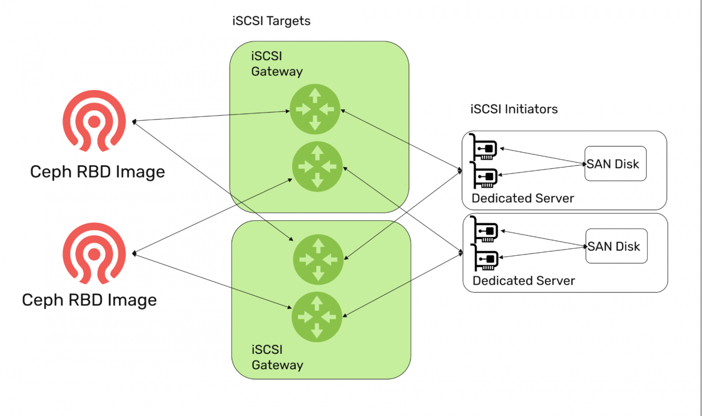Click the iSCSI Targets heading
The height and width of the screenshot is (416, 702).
pyautogui.click(x=271, y=21)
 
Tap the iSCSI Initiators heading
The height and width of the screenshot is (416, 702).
pyautogui.click(x=514, y=109)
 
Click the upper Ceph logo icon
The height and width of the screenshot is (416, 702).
pyautogui.click(x=94, y=121)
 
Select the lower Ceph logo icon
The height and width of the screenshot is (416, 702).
pyautogui.click(x=94, y=253)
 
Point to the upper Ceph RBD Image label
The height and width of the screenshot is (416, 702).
pyautogui.click(x=97, y=172)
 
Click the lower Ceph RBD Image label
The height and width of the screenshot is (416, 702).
pyautogui.click(x=89, y=300)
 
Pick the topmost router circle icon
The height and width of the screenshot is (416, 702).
pyautogui.click(x=315, y=109)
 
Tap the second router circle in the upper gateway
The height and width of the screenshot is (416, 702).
pyautogui.click(x=317, y=167)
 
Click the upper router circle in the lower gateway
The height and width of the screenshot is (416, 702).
pyautogui.click(x=318, y=259)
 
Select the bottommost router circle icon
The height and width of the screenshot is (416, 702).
pyautogui.click(x=317, y=317)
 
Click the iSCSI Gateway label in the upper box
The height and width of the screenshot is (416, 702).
pyautogui.click(x=276, y=64)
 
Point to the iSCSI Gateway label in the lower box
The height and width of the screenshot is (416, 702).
pyautogui.click(x=277, y=357)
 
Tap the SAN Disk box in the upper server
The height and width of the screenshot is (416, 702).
pyautogui.click(x=615, y=164)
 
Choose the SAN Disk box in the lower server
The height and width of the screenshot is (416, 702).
pyautogui.click(x=616, y=246)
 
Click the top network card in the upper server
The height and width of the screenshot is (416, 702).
pyautogui.click(x=484, y=148)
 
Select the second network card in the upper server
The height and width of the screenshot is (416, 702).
pyautogui.click(x=485, y=176)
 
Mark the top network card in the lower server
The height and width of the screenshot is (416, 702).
pyautogui.click(x=485, y=230)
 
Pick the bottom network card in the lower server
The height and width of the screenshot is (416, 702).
pyautogui.click(x=486, y=258)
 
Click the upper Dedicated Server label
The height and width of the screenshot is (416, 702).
pyautogui.click(x=522, y=199)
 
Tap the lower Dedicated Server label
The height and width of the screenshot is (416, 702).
pyautogui.click(x=523, y=281)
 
